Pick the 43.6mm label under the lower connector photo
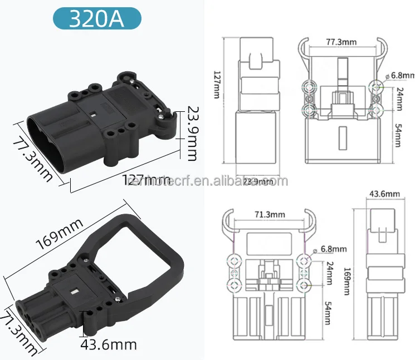point(109,345)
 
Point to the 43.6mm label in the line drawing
point(384,194)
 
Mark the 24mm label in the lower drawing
point(328,273)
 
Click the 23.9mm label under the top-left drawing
point(258,181)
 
